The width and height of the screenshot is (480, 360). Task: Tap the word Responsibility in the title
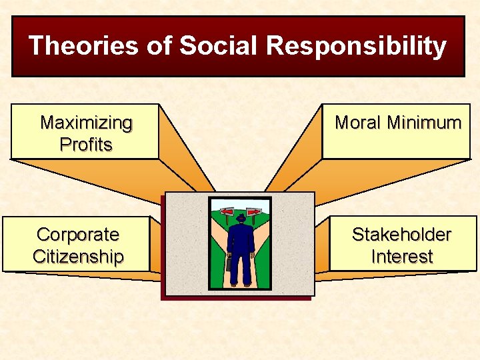point(356,47)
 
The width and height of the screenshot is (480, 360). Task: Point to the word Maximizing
point(86,123)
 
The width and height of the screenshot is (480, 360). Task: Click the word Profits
point(86,145)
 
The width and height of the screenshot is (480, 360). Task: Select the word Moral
point(359,123)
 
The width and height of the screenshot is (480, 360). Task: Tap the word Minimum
point(425,123)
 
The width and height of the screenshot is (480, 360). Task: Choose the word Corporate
point(78,235)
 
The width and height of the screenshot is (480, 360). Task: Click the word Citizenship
point(78,257)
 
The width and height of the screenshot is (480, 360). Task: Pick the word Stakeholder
point(401,235)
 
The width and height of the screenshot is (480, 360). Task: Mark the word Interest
point(401,257)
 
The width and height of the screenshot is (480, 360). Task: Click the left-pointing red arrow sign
point(227,212)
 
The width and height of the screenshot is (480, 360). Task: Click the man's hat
point(241,218)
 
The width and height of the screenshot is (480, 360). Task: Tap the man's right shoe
point(247,285)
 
